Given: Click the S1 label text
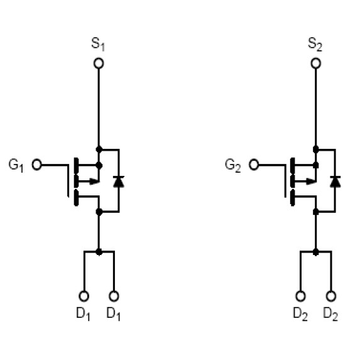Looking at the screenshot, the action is tap(98, 44).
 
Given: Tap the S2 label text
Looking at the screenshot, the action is tap(315, 44).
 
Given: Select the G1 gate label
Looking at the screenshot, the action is tap(16, 165).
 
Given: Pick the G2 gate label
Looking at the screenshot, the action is tap(233, 165).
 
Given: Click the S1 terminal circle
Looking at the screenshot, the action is tap(99, 63).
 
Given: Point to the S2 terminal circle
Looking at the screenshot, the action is tap(316, 63).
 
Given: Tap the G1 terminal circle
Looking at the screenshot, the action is tap(36, 165).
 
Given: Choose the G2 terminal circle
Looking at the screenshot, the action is tap(254, 165).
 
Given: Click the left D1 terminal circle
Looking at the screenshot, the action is tap(84, 296).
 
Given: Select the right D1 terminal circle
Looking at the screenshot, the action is tap(114, 296).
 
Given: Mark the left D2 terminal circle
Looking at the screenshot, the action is tap(300, 296).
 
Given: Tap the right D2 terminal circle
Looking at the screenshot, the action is tap(331, 296).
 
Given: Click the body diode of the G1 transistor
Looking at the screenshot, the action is tap(119, 181).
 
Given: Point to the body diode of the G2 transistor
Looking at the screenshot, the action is tap(335, 181).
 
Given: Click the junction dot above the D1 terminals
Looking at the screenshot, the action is tap(99, 252).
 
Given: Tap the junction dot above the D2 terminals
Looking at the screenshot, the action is tap(315, 252).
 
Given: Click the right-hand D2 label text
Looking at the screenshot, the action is tap(330, 314).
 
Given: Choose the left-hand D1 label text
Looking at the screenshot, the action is tap(83, 314).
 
